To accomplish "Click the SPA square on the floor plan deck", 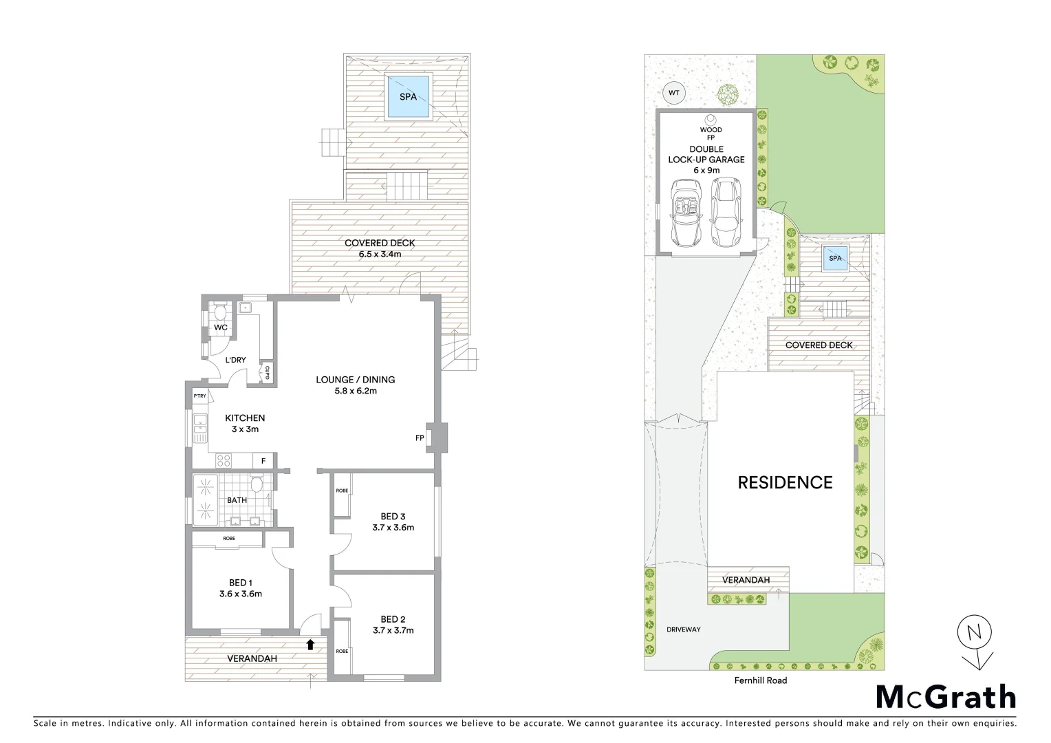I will click(408, 96).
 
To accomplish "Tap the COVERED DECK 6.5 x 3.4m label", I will click(380, 248).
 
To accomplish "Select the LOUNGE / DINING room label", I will click(355, 385).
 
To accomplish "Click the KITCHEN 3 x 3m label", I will click(245, 423).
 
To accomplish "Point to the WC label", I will click(220, 327).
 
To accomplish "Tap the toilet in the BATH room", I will click(257, 485).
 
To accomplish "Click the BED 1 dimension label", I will click(240, 594).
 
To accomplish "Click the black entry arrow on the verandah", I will click(310, 645).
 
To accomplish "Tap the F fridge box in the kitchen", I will click(263, 461).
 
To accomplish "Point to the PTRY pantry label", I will click(199, 396).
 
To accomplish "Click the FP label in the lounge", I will click(419, 438).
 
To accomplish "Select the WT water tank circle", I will click(673, 92).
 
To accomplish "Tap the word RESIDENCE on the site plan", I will click(785, 482).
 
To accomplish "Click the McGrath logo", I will click(945, 697).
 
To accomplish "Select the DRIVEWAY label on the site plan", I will click(683, 629).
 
